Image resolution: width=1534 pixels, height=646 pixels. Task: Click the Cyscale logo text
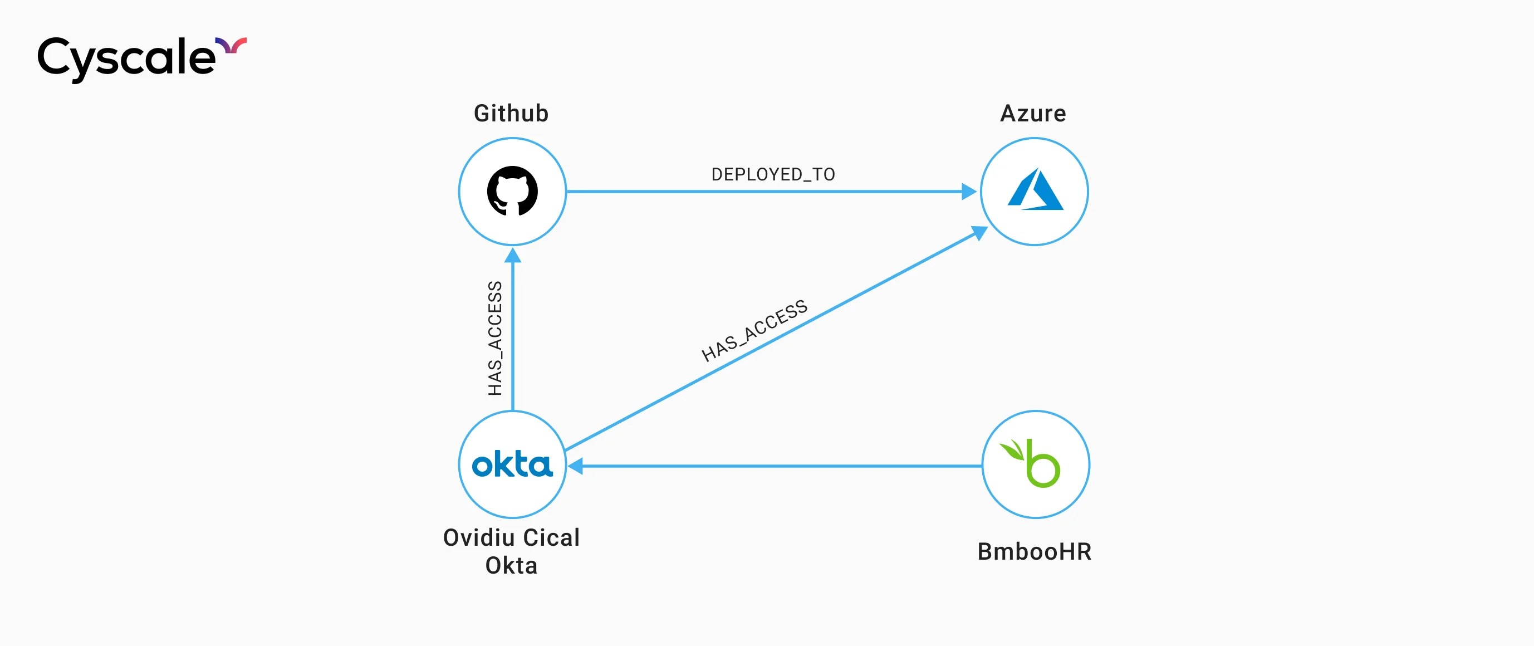click(x=126, y=58)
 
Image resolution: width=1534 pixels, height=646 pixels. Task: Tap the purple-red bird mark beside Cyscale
click(x=231, y=45)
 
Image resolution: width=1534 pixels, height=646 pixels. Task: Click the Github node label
click(x=511, y=113)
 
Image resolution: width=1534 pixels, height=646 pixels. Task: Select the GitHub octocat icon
click(x=512, y=191)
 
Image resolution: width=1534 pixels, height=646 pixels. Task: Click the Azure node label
click(x=1033, y=113)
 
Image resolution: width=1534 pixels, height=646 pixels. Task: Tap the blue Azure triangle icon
click(x=1035, y=190)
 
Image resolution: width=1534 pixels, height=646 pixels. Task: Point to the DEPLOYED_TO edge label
click(x=773, y=174)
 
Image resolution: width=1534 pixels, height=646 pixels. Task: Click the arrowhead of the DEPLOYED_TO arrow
click(x=969, y=192)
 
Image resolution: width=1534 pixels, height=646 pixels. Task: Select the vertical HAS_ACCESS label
click(x=496, y=338)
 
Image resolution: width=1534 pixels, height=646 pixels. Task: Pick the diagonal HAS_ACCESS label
click(x=754, y=330)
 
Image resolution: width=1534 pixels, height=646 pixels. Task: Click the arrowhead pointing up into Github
click(x=513, y=256)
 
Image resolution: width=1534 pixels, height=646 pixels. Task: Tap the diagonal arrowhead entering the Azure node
click(x=979, y=232)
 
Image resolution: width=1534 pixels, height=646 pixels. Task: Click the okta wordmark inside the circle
click(x=512, y=464)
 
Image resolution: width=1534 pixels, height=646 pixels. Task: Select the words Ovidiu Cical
click(x=511, y=537)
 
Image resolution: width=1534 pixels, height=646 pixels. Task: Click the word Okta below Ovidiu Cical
click(x=511, y=565)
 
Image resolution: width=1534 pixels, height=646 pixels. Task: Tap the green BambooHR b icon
click(x=1042, y=467)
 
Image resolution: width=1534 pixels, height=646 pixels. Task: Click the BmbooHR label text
click(x=1035, y=551)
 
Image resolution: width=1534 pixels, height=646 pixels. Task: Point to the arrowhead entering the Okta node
click(x=575, y=466)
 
